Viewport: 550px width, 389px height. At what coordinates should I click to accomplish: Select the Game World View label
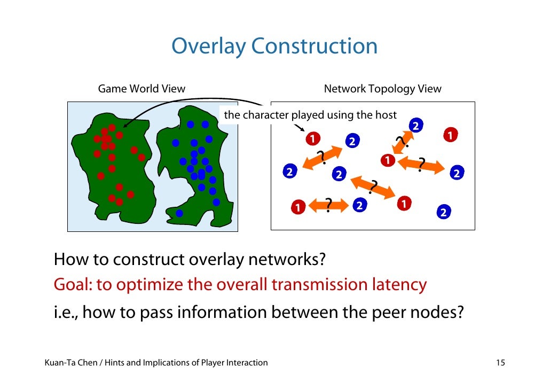[x=142, y=89]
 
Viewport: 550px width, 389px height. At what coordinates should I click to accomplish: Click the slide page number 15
[x=500, y=363]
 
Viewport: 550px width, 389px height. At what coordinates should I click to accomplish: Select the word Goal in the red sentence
[x=72, y=285]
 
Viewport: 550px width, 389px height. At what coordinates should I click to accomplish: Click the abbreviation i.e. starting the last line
[x=65, y=310]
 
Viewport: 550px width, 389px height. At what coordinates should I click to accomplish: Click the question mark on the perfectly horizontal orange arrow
[x=328, y=204]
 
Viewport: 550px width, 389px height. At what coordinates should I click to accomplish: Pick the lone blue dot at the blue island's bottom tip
[x=179, y=214]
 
